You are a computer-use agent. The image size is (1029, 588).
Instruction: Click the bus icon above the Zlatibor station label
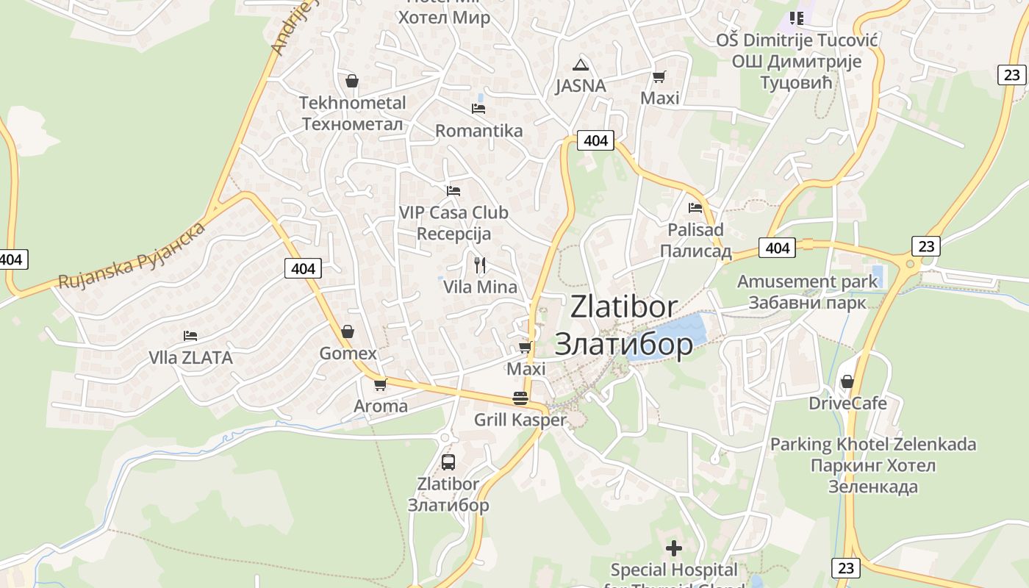tap(448, 462)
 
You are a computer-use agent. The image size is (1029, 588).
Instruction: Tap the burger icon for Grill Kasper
tap(520, 398)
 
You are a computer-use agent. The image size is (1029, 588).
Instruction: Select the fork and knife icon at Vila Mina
tap(480, 265)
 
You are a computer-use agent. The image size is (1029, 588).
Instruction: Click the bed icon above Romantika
tap(478, 109)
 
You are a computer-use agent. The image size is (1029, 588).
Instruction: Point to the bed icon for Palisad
tap(695, 208)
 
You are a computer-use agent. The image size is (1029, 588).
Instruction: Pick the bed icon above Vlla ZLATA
tap(190, 336)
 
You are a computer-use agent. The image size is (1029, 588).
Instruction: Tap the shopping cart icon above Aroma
tap(380, 384)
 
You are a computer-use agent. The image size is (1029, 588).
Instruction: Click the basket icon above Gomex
tap(348, 331)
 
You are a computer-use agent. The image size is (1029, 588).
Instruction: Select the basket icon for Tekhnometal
tap(352, 81)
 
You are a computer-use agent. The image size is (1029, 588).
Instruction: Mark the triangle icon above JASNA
tap(581, 65)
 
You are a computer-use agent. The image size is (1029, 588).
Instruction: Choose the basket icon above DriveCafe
tap(847, 381)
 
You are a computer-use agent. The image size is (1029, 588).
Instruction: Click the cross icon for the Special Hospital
tap(673, 548)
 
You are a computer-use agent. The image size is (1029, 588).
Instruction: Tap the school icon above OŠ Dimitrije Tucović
tap(796, 18)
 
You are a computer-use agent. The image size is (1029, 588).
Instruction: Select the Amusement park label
tap(807, 282)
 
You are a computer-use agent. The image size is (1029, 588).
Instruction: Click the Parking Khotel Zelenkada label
tap(873, 444)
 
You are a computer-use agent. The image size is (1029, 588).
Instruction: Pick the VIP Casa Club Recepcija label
tap(453, 223)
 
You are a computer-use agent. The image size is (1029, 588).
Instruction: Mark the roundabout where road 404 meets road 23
tap(911, 263)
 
